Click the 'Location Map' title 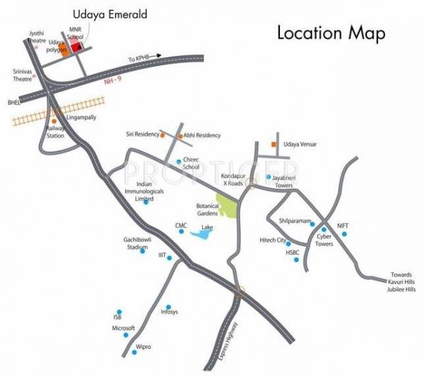pyautogui.click(x=331, y=32)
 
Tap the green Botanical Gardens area pyautogui.click(x=228, y=207)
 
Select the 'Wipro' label pyautogui.click(x=143, y=348)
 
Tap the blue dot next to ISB pyautogui.click(x=119, y=311)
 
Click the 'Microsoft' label pyautogui.click(x=124, y=328)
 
